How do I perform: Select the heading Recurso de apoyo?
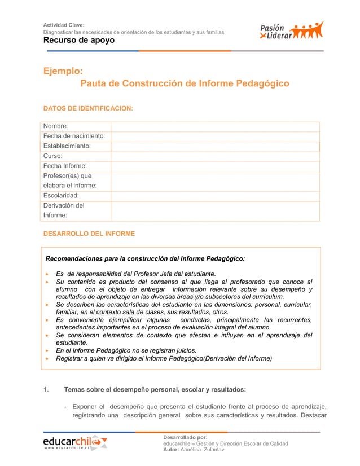[x=79, y=41]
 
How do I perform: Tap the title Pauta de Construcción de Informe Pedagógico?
[x=185, y=83]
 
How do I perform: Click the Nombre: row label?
[x=56, y=126]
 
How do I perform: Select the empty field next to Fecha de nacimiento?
[x=215, y=136]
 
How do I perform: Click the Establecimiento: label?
[x=68, y=146]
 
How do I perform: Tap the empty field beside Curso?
[x=215, y=156]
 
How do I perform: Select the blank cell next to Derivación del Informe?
[x=215, y=210]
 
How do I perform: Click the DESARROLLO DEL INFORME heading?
[x=89, y=233]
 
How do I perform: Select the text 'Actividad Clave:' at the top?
[x=64, y=25]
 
